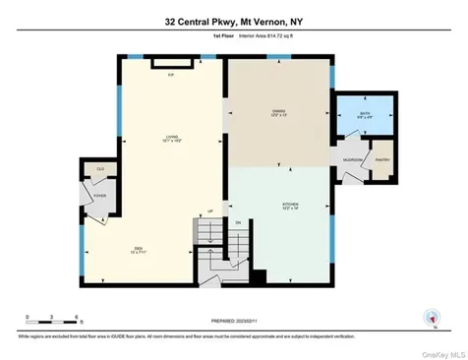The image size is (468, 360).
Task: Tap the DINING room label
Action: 278,112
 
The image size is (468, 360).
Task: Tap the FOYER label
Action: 99,196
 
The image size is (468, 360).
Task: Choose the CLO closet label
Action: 99,169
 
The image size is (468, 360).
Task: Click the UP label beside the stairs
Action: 209,210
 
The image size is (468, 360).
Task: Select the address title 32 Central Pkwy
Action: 233,19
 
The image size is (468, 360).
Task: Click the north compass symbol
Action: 429,317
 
